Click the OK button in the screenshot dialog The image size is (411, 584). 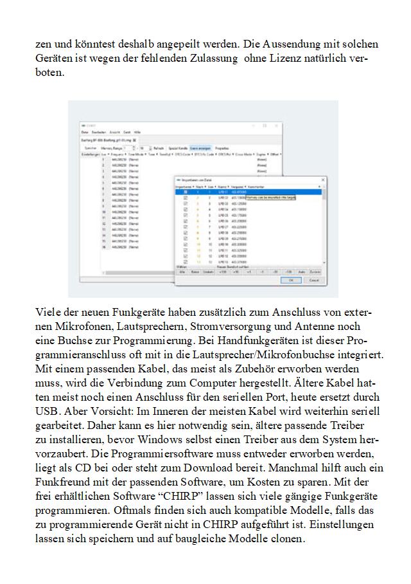coord(290,280)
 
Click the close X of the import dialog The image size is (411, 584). coord(322,179)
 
